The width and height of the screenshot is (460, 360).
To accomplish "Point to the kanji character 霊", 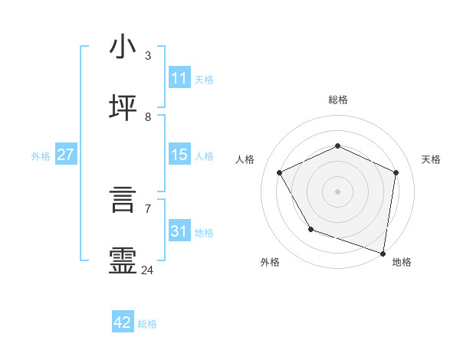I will click(x=123, y=260).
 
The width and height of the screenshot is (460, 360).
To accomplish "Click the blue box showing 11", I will click(x=179, y=78).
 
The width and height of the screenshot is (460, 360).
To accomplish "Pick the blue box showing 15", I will click(x=179, y=155).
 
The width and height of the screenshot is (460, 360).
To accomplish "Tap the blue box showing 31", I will click(x=179, y=231).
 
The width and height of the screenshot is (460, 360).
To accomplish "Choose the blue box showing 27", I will click(x=66, y=155).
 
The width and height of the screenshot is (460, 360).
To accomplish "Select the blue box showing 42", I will click(x=123, y=322).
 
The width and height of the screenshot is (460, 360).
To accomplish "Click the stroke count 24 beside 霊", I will click(x=148, y=270).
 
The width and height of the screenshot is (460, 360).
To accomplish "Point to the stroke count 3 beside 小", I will click(x=148, y=56).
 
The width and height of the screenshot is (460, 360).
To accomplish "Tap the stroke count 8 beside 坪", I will click(x=148, y=117).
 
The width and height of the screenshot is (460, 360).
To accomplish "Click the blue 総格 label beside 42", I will click(x=147, y=324).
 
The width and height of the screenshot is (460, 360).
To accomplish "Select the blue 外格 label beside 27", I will click(x=41, y=156).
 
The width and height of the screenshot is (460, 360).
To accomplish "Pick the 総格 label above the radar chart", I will click(x=338, y=100).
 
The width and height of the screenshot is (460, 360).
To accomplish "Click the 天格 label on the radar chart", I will click(x=431, y=159).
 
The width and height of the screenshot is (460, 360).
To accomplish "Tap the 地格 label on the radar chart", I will click(x=402, y=262).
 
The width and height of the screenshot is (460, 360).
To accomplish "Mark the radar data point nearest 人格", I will click(x=280, y=172).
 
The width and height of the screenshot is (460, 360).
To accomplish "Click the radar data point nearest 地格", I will click(x=383, y=252).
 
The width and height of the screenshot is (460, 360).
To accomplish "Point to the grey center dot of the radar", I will click(x=337, y=191).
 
